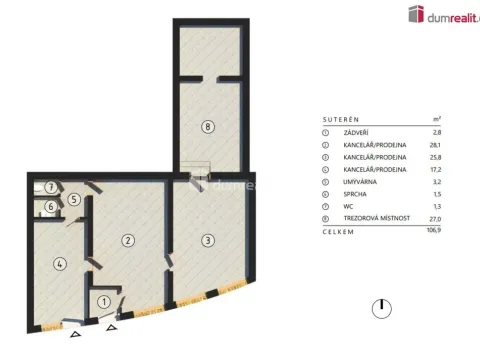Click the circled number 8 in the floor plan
pyautogui.click(x=208, y=126)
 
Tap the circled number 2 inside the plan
pyautogui.click(x=128, y=240)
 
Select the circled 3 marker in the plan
pyautogui.click(x=207, y=240)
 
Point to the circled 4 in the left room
pyautogui.click(x=59, y=264)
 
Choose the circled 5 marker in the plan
pyautogui.click(x=74, y=199)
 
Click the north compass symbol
pyautogui.click(x=381, y=307)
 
